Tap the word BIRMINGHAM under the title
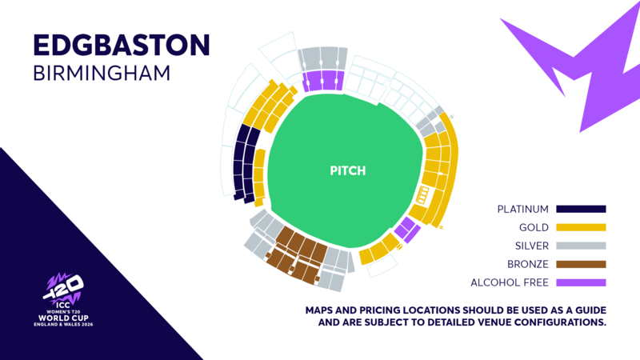click(102, 73)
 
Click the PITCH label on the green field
click(347, 171)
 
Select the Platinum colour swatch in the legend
click(582, 210)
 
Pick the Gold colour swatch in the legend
click(582, 228)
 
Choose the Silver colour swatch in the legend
click(582, 246)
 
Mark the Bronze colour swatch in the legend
click(582, 264)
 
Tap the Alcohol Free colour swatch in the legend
click(582, 282)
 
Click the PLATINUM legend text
click(522, 210)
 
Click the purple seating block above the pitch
click(323, 80)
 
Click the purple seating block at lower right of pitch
click(408, 229)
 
